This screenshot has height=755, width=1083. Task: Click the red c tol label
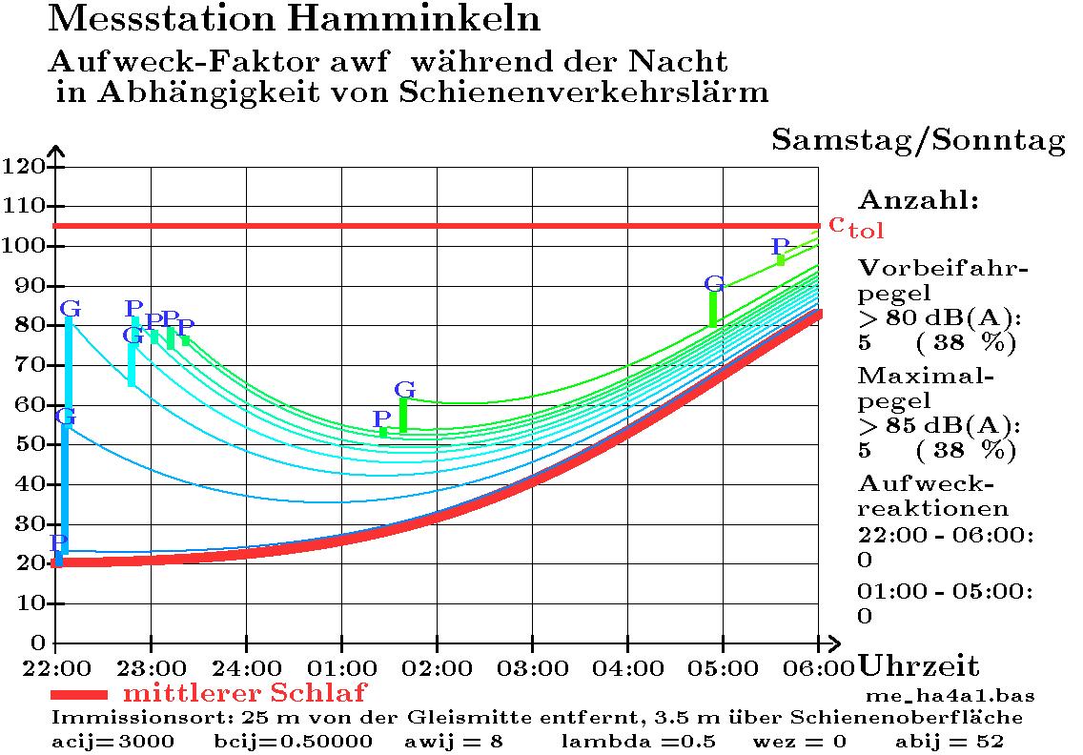pyautogui.click(x=855, y=226)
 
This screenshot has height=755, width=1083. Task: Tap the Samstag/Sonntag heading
pyautogui.click(x=918, y=140)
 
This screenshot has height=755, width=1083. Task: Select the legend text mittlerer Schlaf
pyautogui.click(x=244, y=692)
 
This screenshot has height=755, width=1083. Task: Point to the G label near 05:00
pyautogui.click(x=714, y=283)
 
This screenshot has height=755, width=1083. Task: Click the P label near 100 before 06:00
pyautogui.click(x=781, y=248)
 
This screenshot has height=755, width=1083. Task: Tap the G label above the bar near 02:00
pyautogui.click(x=404, y=389)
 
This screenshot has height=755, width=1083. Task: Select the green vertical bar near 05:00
pyautogui.click(x=713, y=309)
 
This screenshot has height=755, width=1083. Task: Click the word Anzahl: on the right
pyautogui.click(x=919, y=201)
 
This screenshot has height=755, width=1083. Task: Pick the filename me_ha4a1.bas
pyautogui.click(x=950, y=695)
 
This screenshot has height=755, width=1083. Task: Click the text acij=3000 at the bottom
pyautogui.click(x=112, y=741)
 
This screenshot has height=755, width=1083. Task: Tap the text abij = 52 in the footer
pyautogui.click(x=949, y=741)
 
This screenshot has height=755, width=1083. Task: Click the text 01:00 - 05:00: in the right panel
pyautogui.click(x=945, y=592)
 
